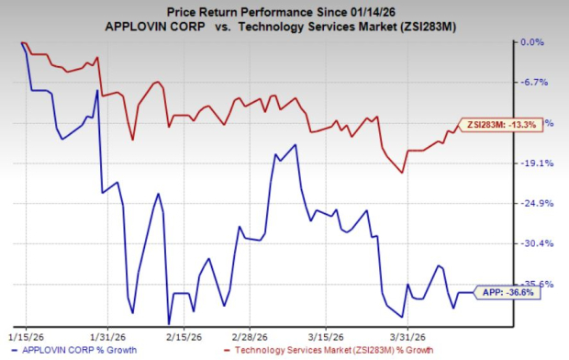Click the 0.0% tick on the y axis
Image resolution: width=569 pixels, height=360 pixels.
(533, 42)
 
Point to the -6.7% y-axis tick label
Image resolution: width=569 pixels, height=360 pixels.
(533, 83)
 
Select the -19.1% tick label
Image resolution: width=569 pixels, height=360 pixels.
(533, 163)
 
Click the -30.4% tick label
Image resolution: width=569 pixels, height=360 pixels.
(533, 244)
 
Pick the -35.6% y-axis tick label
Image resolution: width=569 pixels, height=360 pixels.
(533, 285)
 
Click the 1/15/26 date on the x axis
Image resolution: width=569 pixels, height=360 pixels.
(25, 337)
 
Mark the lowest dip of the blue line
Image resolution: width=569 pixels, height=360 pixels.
(168, 322)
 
